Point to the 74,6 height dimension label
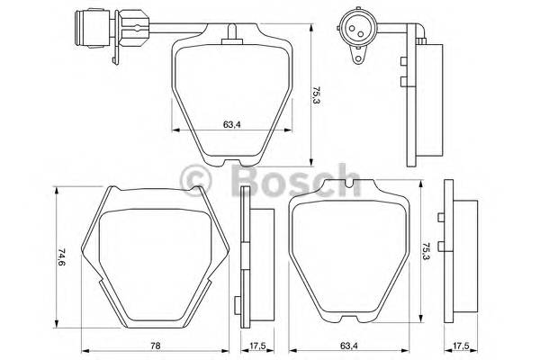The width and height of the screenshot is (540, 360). click(62, 258)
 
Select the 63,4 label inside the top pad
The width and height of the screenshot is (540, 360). click(231, 125)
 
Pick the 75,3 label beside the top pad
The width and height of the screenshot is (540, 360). click(318, 95)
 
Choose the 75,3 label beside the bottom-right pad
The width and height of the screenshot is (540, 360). click(425, 251)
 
